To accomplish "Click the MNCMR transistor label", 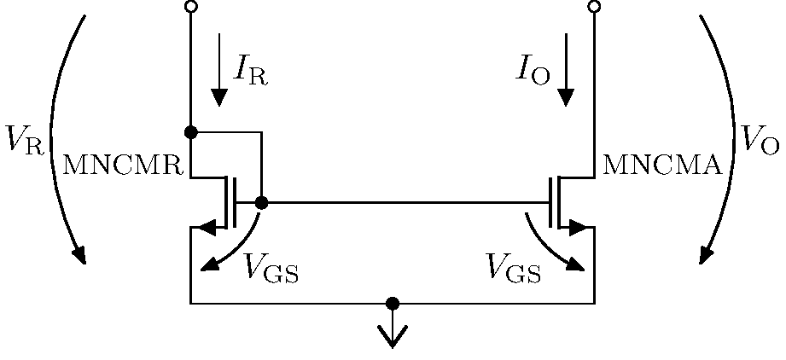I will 125,165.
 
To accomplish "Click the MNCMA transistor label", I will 662,165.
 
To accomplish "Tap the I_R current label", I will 249,72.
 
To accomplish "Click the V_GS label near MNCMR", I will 271,269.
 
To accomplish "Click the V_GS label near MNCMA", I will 513,269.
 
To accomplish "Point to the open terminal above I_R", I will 190,7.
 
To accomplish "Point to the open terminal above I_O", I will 594,7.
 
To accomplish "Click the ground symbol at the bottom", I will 393,334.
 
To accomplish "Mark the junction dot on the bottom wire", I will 393,303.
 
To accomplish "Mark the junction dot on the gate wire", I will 261,202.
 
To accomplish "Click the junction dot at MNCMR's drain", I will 190,132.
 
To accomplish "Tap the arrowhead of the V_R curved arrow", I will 80,255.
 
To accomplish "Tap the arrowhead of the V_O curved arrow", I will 706,255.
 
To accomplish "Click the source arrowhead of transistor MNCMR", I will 206,228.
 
